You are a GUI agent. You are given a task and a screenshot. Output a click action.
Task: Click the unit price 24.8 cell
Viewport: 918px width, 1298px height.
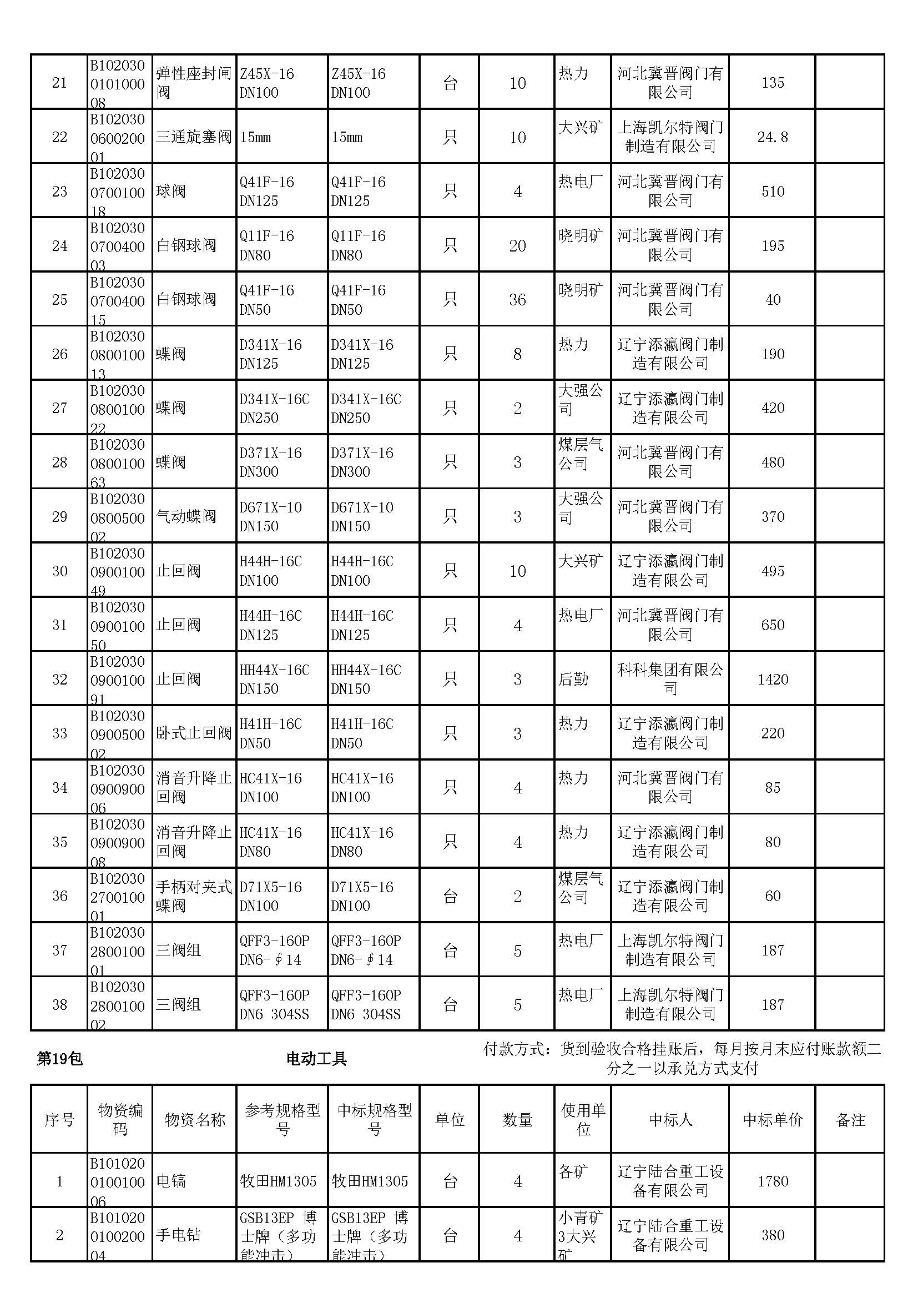[772, 137]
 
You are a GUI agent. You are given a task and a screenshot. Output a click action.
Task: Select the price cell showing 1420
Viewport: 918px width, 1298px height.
[772, 679]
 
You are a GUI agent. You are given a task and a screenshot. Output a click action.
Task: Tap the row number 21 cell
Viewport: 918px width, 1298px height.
[59, 83]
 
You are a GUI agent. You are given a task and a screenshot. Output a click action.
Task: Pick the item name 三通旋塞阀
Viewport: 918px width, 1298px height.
[193, 137]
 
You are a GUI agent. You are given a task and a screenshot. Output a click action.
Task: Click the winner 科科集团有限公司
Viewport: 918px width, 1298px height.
[670, 679]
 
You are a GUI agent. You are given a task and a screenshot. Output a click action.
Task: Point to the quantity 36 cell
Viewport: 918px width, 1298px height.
[517, 300]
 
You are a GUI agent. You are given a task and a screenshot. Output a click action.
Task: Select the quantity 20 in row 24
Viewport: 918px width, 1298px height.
[517, 245]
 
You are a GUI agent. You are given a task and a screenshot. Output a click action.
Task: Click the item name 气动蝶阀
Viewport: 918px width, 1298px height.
[186, 516]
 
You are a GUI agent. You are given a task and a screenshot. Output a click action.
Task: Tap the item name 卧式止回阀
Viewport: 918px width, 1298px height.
[193, 733]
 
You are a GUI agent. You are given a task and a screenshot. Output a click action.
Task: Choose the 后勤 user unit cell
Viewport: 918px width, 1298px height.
[573, 679]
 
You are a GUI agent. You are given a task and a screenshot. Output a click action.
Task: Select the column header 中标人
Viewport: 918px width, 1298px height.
[670, 1119]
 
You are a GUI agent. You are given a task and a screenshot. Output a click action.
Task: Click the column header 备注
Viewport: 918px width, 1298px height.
[850, 1119]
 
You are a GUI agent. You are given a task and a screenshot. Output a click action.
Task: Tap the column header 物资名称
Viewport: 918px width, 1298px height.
[194, 1119]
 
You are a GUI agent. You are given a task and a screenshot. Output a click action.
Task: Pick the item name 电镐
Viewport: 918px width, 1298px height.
[171, 1181]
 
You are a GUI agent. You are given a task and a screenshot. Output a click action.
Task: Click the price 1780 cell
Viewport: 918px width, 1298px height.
[772, 1181]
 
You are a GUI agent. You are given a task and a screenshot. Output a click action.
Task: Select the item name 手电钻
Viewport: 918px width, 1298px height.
[178, 1235]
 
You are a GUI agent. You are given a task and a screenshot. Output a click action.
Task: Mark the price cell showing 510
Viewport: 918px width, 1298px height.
[772, 191]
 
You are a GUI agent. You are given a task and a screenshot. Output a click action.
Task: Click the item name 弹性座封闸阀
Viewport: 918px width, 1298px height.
[193, 83]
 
